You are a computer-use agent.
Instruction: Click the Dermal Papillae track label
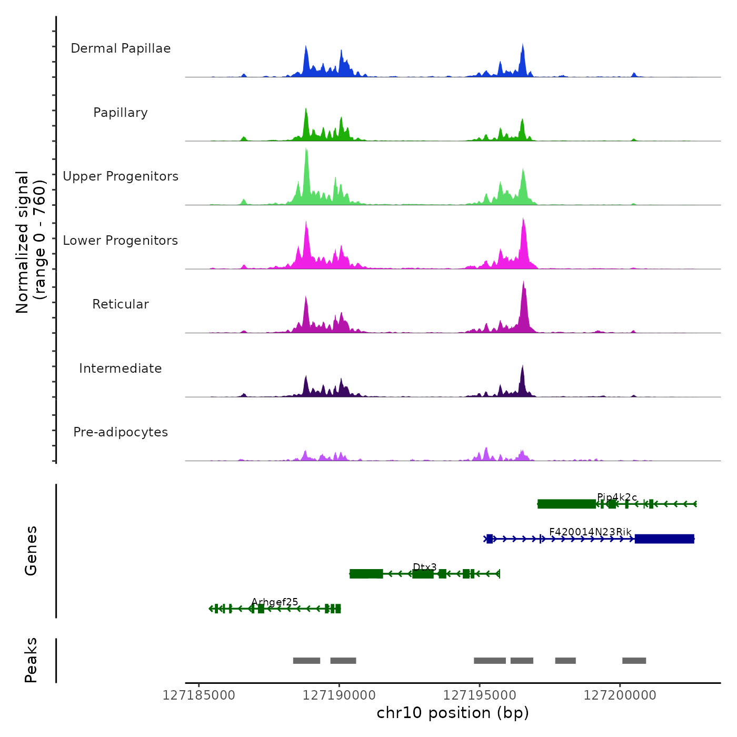click(121, 48)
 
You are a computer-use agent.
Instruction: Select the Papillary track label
click(121, 113)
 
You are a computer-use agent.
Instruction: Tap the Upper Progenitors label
click(121, 176)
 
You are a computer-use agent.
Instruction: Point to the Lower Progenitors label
click(121, 241)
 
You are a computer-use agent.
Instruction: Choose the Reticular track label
click(121, 304)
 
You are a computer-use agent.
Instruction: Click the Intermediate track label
click(121, 368)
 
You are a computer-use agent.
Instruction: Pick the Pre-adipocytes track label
click(121, 432)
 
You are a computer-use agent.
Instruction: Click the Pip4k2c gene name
click(617, 497)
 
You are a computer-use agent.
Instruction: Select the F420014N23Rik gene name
click(590, 532)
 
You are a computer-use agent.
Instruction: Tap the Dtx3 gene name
click(425, 567)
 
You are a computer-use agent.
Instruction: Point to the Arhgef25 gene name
click(275, 602)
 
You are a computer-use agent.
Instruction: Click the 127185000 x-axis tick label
click(199, 695)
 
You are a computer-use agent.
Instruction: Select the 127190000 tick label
click(340, 695)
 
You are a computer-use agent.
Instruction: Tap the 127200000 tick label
click(620, 695)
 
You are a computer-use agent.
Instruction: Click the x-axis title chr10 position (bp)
click(453, 713)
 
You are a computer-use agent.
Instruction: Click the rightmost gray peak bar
click(634, 661)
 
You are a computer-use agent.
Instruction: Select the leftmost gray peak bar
click(306, 661)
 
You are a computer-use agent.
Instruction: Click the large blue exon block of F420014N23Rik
click(664, 539)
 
